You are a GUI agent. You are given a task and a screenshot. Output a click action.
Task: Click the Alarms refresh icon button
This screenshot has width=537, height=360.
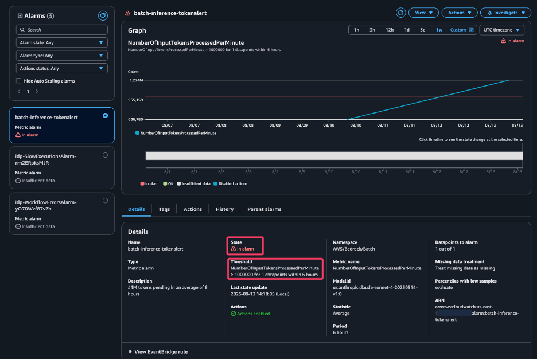(x=103, y=15)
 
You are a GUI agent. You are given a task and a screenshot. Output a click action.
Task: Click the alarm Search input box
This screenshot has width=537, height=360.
(x=62, y=29)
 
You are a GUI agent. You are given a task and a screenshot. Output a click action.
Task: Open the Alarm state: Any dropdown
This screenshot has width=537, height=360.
(x=62, y=42)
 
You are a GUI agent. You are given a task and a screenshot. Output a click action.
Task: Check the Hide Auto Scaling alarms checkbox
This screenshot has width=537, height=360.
(x=19, y=81)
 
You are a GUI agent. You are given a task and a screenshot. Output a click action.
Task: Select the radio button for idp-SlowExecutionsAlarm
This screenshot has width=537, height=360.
(x=105, y=155)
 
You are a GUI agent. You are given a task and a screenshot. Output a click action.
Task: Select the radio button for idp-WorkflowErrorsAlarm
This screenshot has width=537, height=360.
(x=105, y=201)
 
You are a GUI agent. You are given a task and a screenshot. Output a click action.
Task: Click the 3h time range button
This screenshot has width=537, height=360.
(x=372, y=30)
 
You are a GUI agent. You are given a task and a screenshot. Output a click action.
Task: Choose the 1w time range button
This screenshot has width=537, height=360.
(x=439, y=30)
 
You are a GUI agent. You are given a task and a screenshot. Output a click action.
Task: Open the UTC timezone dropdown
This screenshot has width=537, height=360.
(x=502, y=30)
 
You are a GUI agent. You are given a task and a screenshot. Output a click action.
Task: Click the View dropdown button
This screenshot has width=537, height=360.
(x=425, y=13)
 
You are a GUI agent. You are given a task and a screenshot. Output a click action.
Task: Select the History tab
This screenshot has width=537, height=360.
(x=224, y=209)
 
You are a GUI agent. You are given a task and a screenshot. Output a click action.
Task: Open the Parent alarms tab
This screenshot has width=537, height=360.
(x=264, y=209)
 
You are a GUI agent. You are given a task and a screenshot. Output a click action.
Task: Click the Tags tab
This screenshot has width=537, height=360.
(x=164, y=209)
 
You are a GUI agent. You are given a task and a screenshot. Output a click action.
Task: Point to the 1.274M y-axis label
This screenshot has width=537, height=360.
(x=136, y=80)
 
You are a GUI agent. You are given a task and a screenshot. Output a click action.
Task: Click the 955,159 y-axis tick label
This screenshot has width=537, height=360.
(x=137, y=100)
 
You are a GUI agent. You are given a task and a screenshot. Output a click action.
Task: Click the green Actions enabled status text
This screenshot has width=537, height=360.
(x=252, y=314)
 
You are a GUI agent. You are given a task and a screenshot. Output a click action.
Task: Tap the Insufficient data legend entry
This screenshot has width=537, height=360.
(x=195, y=183)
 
